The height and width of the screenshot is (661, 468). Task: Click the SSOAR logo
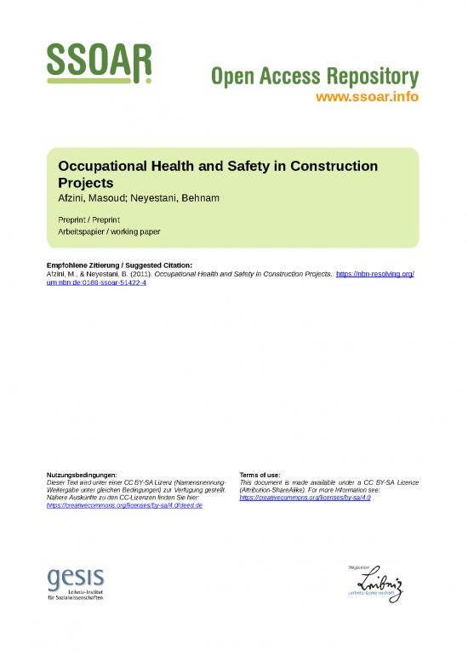point(99,62)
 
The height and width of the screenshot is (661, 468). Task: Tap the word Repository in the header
point(366,77)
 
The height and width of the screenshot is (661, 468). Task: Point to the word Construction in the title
point(334,167)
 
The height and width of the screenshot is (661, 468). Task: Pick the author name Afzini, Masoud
point(94,197)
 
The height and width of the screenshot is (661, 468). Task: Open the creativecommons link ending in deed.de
point(124,505)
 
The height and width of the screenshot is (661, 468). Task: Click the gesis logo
point(76,584)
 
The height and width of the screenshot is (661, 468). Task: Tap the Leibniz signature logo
point(375,584)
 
